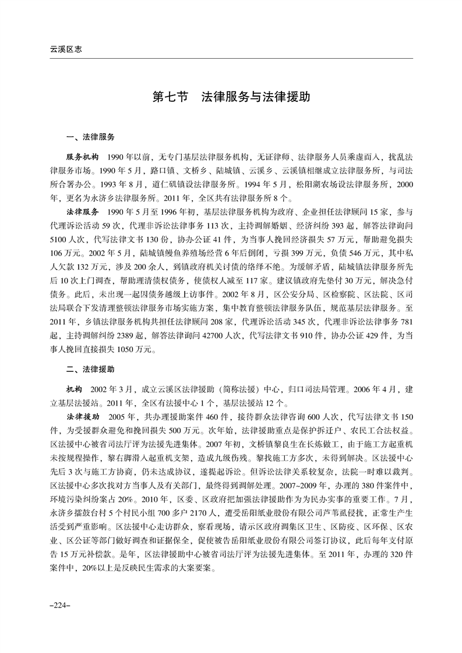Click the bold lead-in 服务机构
(83, 157)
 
